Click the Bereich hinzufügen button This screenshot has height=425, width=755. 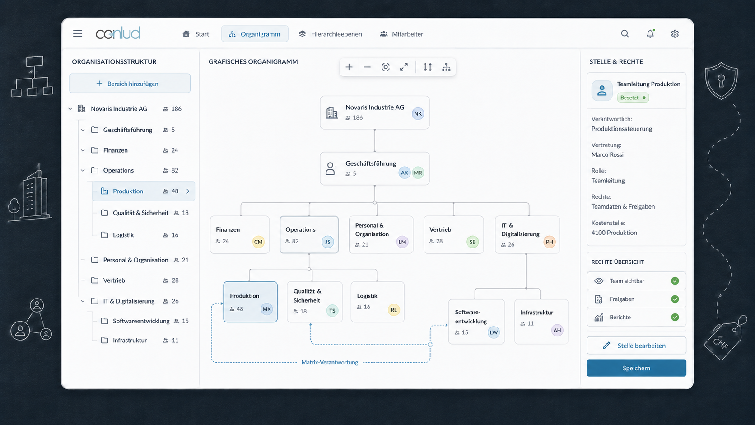(130, 83)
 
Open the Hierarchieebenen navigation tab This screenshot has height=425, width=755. (331, 34)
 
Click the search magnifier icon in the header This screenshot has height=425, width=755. (625, 34)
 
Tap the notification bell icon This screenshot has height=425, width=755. (650, 34)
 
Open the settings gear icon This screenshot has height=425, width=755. (675, 34)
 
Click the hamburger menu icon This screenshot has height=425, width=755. (78, 33)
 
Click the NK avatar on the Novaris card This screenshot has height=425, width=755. (418, 113)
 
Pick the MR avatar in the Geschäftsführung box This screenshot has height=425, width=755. (418, 173)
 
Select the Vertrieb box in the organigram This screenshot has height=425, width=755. (453, 234)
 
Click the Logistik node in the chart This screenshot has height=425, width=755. (377, 302)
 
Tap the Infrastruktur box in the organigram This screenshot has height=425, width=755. (541, 322)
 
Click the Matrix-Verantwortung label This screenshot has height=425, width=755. (330, 362)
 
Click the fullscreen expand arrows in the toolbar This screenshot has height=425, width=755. (404, 67)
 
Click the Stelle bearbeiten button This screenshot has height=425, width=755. (636, 345)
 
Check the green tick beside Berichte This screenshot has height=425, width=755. (675, 317)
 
